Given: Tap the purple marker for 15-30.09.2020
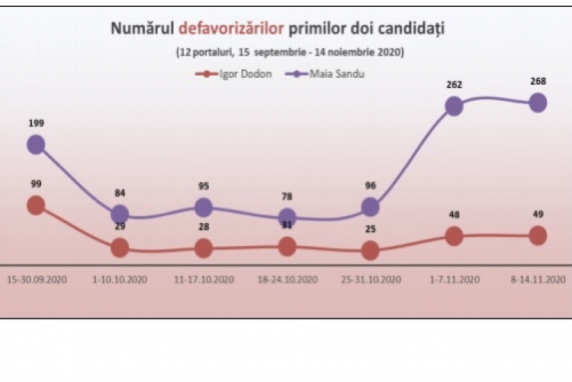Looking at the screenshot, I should tap(35, 144).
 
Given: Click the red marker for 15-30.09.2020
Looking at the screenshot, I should tap(35, 205).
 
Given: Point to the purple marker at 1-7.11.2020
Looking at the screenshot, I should tap(454, 106).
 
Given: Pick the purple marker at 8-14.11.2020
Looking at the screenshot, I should tap(538, 102).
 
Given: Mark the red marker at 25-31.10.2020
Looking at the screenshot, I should tap(370, 250).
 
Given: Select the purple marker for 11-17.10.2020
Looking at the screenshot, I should tap(203, 207).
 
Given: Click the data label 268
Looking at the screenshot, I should tap(538, 80).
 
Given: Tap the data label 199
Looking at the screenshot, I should tap(35, 122).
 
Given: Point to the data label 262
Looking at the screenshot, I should tap(454, 86).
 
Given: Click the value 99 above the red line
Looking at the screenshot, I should tap(35, 184).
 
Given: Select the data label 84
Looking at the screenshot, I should tap(119, 193).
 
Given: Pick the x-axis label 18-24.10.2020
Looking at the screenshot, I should tap(287, 279).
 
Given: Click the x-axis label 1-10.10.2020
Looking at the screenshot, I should tap(119, 279).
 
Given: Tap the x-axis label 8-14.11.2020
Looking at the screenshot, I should tap(538, 279).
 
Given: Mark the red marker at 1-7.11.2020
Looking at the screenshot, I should tap(454, 236).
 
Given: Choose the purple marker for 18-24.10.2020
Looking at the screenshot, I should tap(287, 218).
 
